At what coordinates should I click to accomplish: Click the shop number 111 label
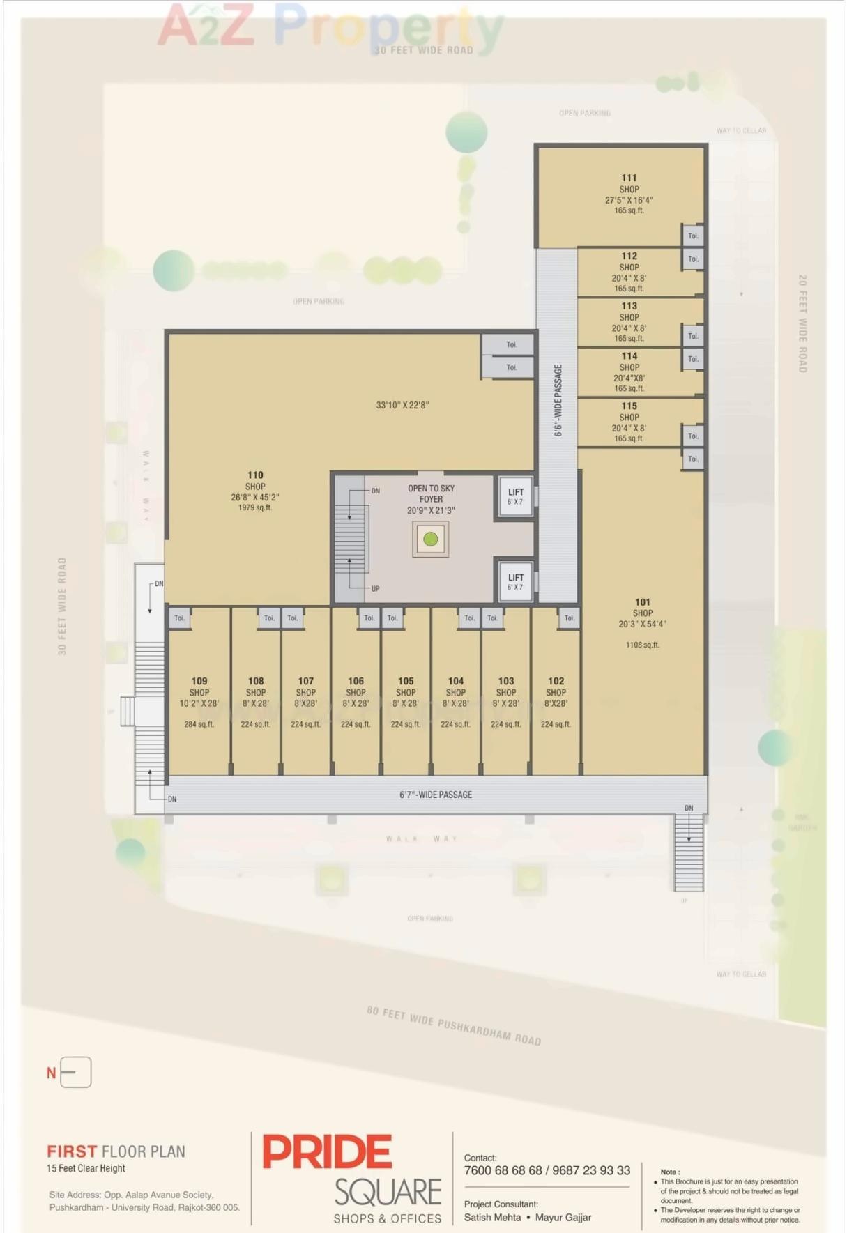[x=629, y=178]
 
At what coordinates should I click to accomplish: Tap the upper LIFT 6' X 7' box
[x=516, y=496]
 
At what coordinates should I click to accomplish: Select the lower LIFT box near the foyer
[x=516, y=582]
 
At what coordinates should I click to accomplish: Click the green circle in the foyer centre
[x=431, y=539]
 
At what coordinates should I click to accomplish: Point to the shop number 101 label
[x=642, y=602]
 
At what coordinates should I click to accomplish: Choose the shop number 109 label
[x=199, y=681]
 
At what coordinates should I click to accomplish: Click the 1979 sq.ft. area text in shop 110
[x=255, y=507]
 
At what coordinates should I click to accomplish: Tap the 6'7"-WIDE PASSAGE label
[x=436, y=795]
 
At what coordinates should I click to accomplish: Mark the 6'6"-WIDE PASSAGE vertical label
[x=558, y=401]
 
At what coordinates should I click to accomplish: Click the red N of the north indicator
[x=51, y=1073]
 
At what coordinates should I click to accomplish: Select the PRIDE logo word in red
[x=327, y=1152]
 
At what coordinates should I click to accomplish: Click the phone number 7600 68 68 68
[x=503, y=1170]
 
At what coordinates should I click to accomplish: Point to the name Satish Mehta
[x=492, y=1218]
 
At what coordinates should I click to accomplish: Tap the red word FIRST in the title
[x=72, y=1151]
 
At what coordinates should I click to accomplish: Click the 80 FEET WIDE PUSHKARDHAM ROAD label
[x=454, y=1025]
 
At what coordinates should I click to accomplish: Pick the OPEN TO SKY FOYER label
[x=431, y=493]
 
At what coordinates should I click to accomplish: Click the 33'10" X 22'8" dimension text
[x=402, y=405]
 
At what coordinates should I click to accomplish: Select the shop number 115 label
[x=629, y=406]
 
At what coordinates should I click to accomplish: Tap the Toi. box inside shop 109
[x=179, y=618]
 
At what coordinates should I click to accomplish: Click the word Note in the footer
[x=669, y=1172]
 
